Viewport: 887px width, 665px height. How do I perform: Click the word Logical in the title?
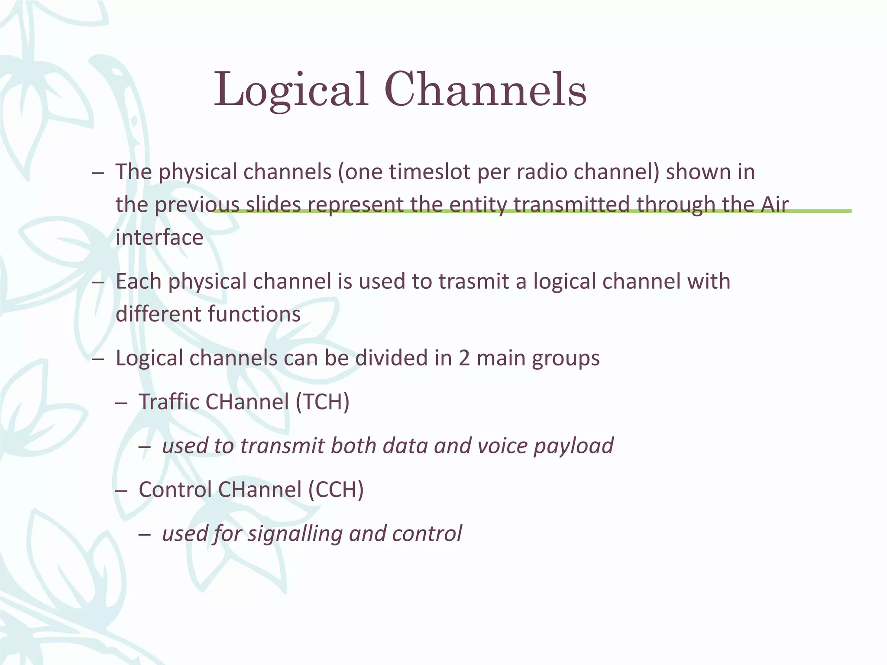point(291,90)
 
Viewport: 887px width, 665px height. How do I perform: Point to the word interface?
point(159,237)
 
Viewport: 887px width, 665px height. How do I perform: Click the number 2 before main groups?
point(464,358)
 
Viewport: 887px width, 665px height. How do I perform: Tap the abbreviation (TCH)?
point(322,402)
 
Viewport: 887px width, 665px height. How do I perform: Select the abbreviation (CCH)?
point(336,490)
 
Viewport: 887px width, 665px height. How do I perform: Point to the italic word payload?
point(573,446)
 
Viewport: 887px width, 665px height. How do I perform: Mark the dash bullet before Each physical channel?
point(98,282)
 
